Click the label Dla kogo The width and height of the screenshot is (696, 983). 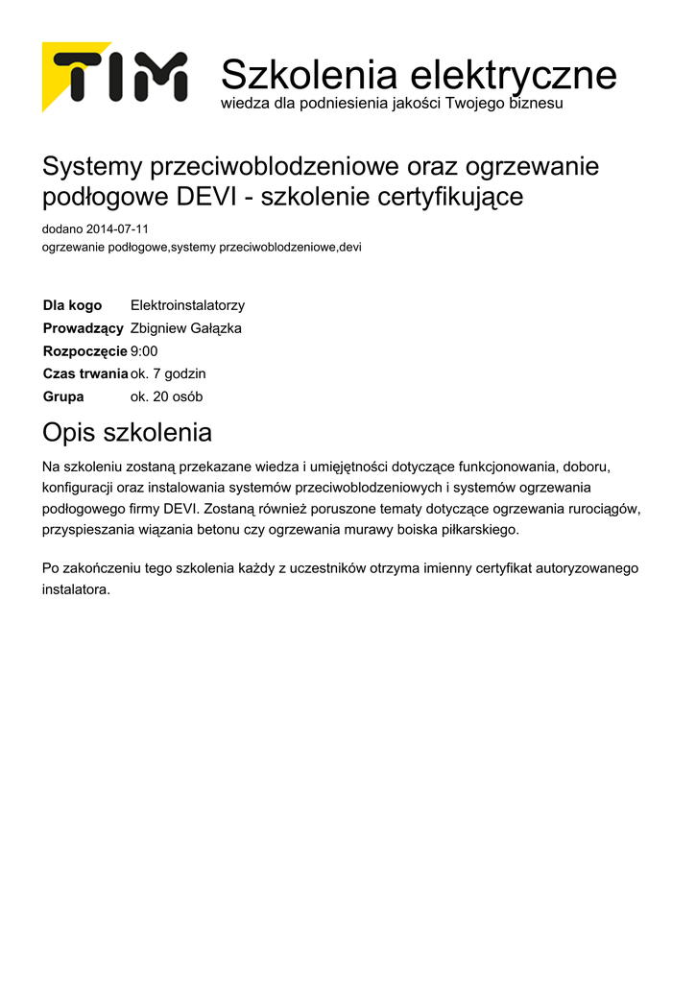(x=72, y=305)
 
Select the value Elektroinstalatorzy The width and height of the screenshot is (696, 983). (x=187, y=305)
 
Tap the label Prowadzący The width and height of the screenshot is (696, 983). (x=83, y=328)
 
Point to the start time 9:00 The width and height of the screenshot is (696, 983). (x=144, y=351)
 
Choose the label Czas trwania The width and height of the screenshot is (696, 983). (x=85, y=373)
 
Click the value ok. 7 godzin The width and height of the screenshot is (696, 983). (x=168, y=373)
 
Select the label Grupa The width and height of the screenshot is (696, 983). (x=63, y=396)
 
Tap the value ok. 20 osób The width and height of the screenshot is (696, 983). (x=166, y=396)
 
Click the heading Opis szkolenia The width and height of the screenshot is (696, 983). (x=127, y=433)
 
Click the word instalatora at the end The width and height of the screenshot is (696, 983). (x=76, y=589)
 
